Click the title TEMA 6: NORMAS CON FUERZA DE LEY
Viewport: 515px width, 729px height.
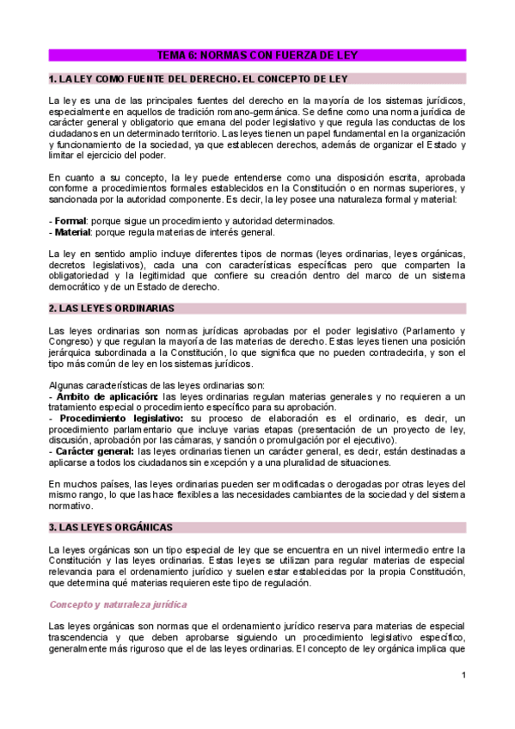tap(257, 55)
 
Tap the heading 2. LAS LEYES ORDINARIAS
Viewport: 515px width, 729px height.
tap(112, 307)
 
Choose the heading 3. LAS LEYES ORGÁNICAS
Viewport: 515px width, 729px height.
tap(111, 526)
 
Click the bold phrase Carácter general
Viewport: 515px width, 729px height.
tap(95, 450)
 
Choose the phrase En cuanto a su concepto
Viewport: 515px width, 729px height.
tap(101, 177)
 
